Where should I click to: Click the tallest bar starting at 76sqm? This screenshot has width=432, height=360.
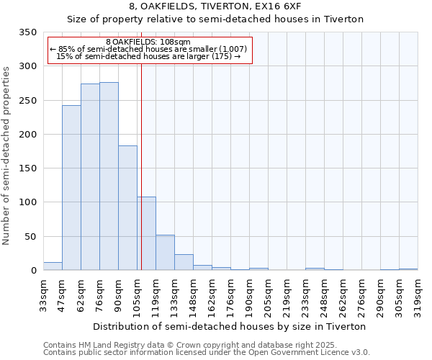tap(109, 176)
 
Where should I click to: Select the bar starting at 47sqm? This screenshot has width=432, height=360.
tap(71, 188)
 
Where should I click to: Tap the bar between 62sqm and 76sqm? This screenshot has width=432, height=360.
tap(90, 177)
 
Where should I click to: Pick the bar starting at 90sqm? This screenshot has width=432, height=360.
tap(127, 208)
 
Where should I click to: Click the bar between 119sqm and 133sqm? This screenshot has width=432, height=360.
tap(165, 253)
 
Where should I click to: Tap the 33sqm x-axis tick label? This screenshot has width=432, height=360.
tap(44, 294)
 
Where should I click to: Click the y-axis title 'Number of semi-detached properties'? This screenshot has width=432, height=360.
tap(6, 155)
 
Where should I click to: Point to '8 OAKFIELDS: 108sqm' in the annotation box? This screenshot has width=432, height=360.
tap(148, 42)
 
